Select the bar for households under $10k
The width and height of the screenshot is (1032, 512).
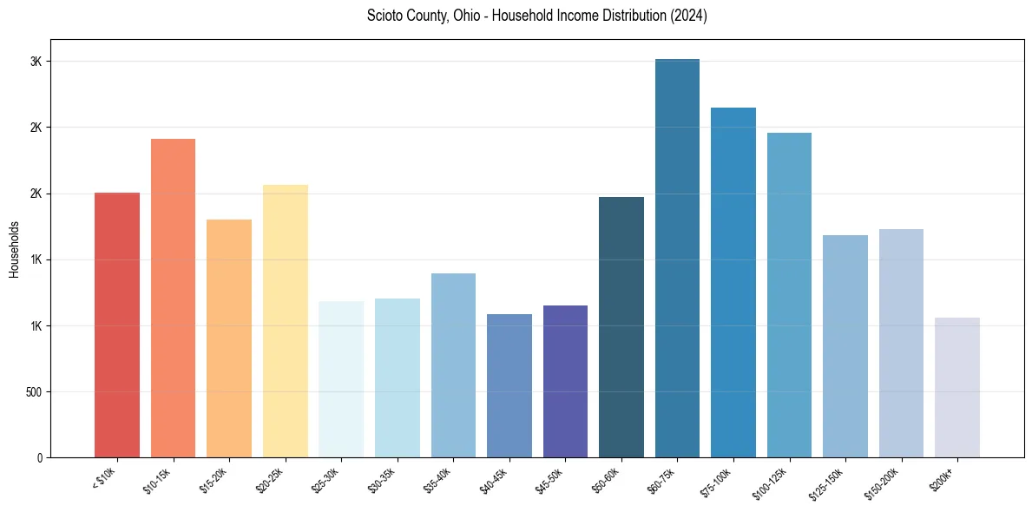[117, 325]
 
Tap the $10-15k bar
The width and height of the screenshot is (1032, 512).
[173, 299]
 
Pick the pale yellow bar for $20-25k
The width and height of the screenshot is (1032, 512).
[285, 321]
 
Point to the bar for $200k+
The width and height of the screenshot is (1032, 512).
[956, 388]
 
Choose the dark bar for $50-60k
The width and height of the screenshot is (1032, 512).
[621, 327]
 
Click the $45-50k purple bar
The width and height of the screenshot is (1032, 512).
[565, 382]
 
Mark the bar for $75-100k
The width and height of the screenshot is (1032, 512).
[733, 283]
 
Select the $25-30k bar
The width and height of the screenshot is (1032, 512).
[341, 379]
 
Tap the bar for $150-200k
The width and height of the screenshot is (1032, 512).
[901, 344]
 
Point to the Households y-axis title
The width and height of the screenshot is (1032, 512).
[14, 248]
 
